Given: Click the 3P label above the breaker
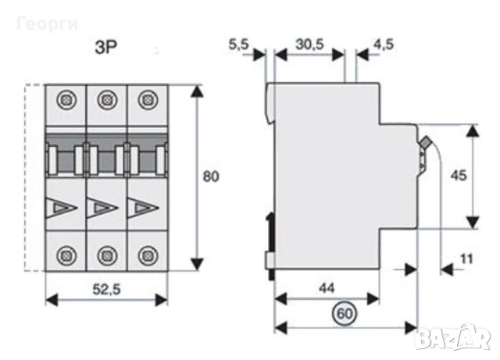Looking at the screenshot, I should tap(105, 46).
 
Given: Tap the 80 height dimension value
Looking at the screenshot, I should tap(210, 176).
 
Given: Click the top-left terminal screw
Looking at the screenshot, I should tap(65, 100).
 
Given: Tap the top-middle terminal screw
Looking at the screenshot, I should tap(105, 100).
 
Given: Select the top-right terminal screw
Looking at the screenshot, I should tap(145, 100).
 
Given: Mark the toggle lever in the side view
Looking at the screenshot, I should tap(426, 144).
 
